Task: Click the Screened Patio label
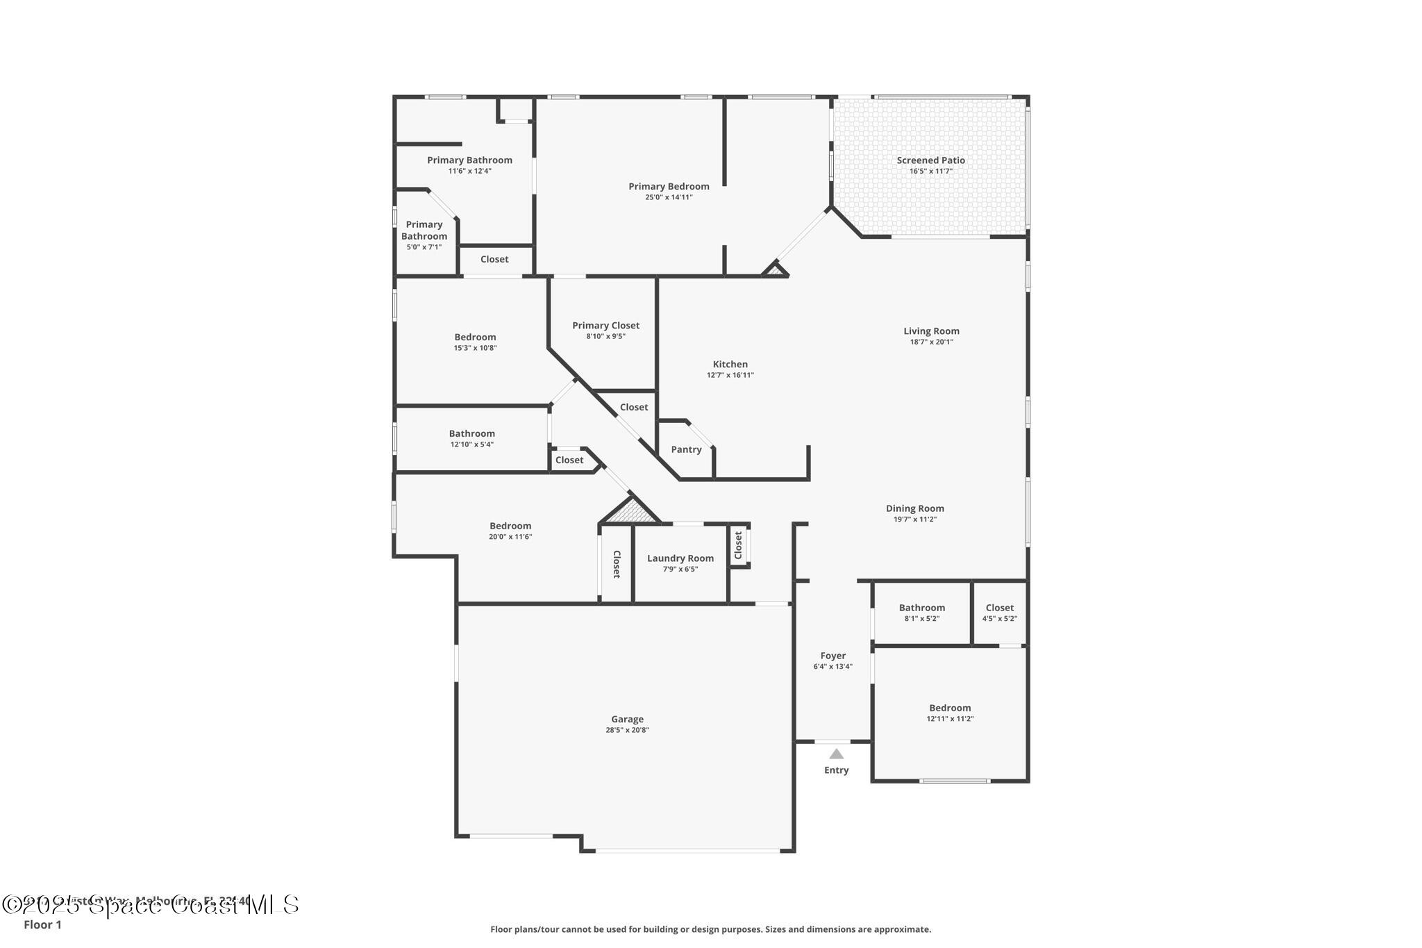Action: pyautogui.click(x=930, y=160)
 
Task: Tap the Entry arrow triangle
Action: pyautogui.click(x=836, y=754)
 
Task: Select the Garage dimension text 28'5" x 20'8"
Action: pyautogui.click(x=627, y=730)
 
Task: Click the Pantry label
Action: pyautogui.click(x=686, y=449)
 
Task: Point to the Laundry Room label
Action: pyautogui.click(x=680, y=558)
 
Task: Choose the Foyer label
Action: pyautogui.click(x=833, y=656)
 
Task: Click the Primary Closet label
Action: pyautogui.click(x=605, y=325)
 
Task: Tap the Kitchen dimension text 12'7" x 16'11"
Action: pyautogui.click(x=730, y=375)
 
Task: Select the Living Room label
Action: pyautogui.click(x=931, y=331)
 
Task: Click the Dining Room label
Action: pyautogui.click(x=914, y=508)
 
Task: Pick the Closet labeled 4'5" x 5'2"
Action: pyautogui.click(x=999, y=608)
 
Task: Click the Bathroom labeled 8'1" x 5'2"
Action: pyautogui.click(x=921, y=608)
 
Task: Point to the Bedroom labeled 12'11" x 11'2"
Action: pyautogui.click(x=950, y=708)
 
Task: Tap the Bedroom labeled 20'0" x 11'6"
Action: pyautogui.click(x=510, y=526)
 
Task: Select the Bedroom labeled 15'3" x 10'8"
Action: pyautogui.click(x=475, y=337)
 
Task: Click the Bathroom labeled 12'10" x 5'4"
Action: pyautogui.click(x=471, y=433)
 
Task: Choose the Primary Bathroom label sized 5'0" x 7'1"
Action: pyautogui.click(x=424, y=230)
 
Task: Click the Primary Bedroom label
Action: pyautogui.click(x=669, y=186)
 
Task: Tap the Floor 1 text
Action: pyautogui.click(x=42, y=925)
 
